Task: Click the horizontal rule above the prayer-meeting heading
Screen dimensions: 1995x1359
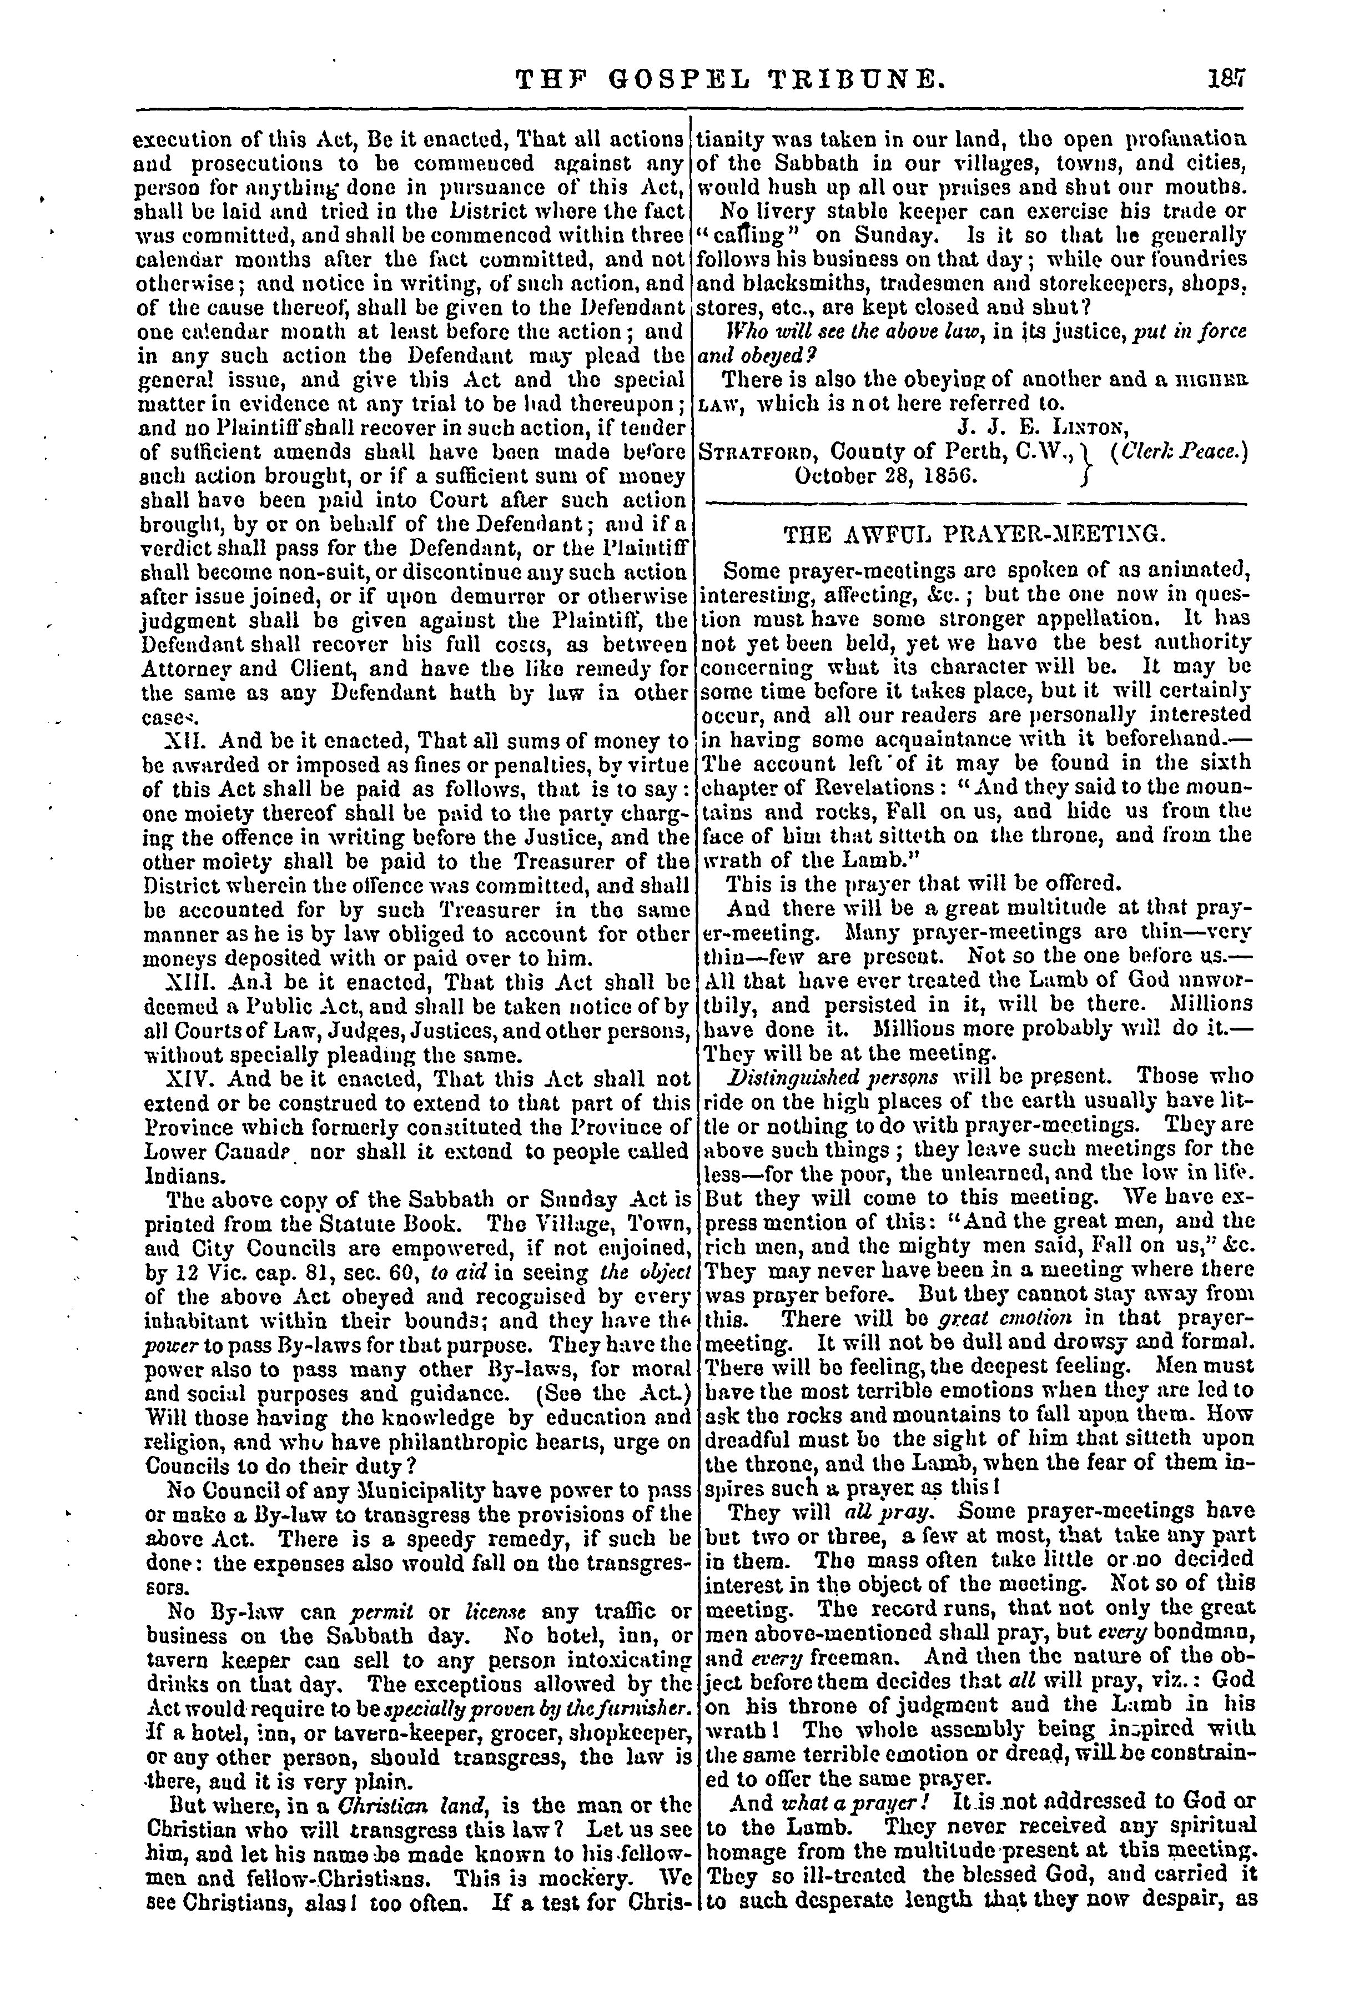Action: point(974,503)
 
